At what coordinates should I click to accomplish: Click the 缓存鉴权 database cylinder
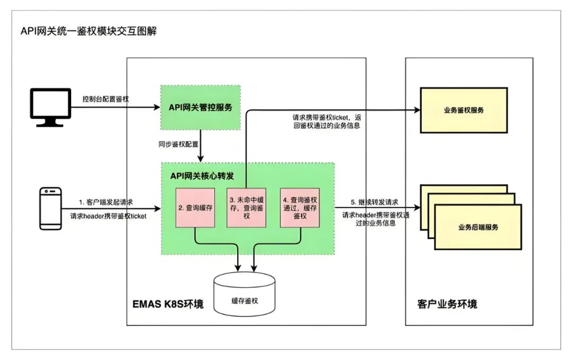245,299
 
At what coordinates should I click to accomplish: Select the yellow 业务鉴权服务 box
463,110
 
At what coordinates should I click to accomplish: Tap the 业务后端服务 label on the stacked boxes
478,227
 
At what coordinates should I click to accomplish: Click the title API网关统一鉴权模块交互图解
89,31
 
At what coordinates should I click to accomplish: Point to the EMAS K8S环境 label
168,304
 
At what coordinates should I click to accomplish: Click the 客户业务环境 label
447,304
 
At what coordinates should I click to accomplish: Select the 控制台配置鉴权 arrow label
106,99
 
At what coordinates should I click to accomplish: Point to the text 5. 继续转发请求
375,202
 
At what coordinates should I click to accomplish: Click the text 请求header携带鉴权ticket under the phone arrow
109,216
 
